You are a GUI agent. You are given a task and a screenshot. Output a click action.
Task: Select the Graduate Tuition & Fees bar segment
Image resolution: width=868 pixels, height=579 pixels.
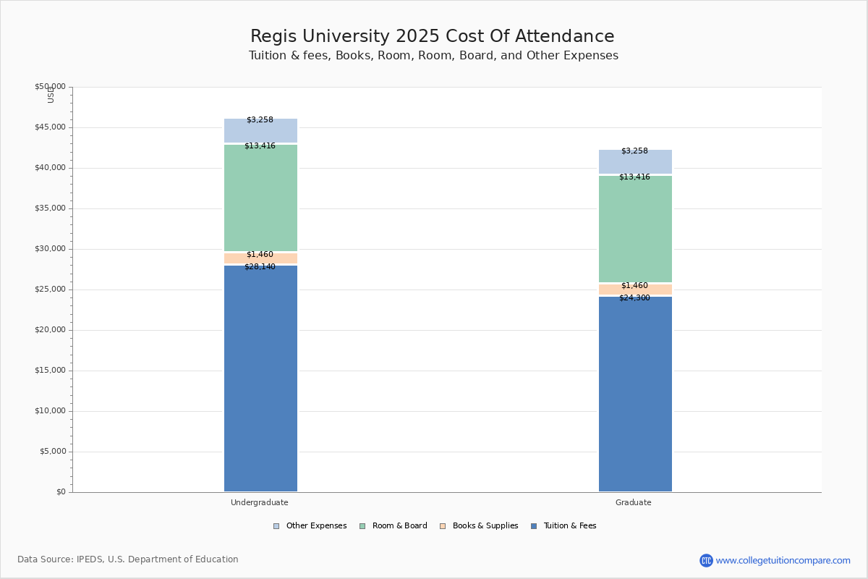coord(635,394)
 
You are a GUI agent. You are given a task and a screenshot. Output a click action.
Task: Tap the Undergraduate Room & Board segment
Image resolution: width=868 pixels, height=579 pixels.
coord(260,198)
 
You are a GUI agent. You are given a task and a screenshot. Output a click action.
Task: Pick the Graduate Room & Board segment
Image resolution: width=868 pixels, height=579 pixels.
coord(635,229)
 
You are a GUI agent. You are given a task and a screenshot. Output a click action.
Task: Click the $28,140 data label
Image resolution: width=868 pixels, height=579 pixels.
coord(260,267)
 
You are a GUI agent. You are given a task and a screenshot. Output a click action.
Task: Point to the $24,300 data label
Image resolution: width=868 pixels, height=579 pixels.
coord(634,298)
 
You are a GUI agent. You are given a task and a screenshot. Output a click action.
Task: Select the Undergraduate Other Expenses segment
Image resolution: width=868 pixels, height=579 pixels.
coord(260,131)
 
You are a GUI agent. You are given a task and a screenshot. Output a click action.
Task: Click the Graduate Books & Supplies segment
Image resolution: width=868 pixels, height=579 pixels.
coord(635,289)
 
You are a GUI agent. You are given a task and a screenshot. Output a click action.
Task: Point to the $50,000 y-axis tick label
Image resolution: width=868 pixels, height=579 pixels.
coord(50,87)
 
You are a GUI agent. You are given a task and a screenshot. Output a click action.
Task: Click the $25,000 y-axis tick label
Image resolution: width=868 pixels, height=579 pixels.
coord(50,289)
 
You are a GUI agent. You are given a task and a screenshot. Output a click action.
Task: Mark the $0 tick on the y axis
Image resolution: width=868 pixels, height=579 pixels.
coord(61,492)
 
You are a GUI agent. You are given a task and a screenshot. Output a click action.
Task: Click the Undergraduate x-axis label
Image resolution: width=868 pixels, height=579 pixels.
coord(260,502)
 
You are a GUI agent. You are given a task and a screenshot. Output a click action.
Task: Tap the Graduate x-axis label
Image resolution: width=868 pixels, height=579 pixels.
coord(634,502)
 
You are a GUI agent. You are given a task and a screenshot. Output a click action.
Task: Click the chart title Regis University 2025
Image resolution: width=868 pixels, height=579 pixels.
coord(433,37)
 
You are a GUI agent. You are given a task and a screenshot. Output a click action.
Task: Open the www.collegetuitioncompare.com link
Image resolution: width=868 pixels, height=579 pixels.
coord(783,560)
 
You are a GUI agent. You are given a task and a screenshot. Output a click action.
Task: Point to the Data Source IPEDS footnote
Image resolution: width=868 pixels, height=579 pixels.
coord(128,559)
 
